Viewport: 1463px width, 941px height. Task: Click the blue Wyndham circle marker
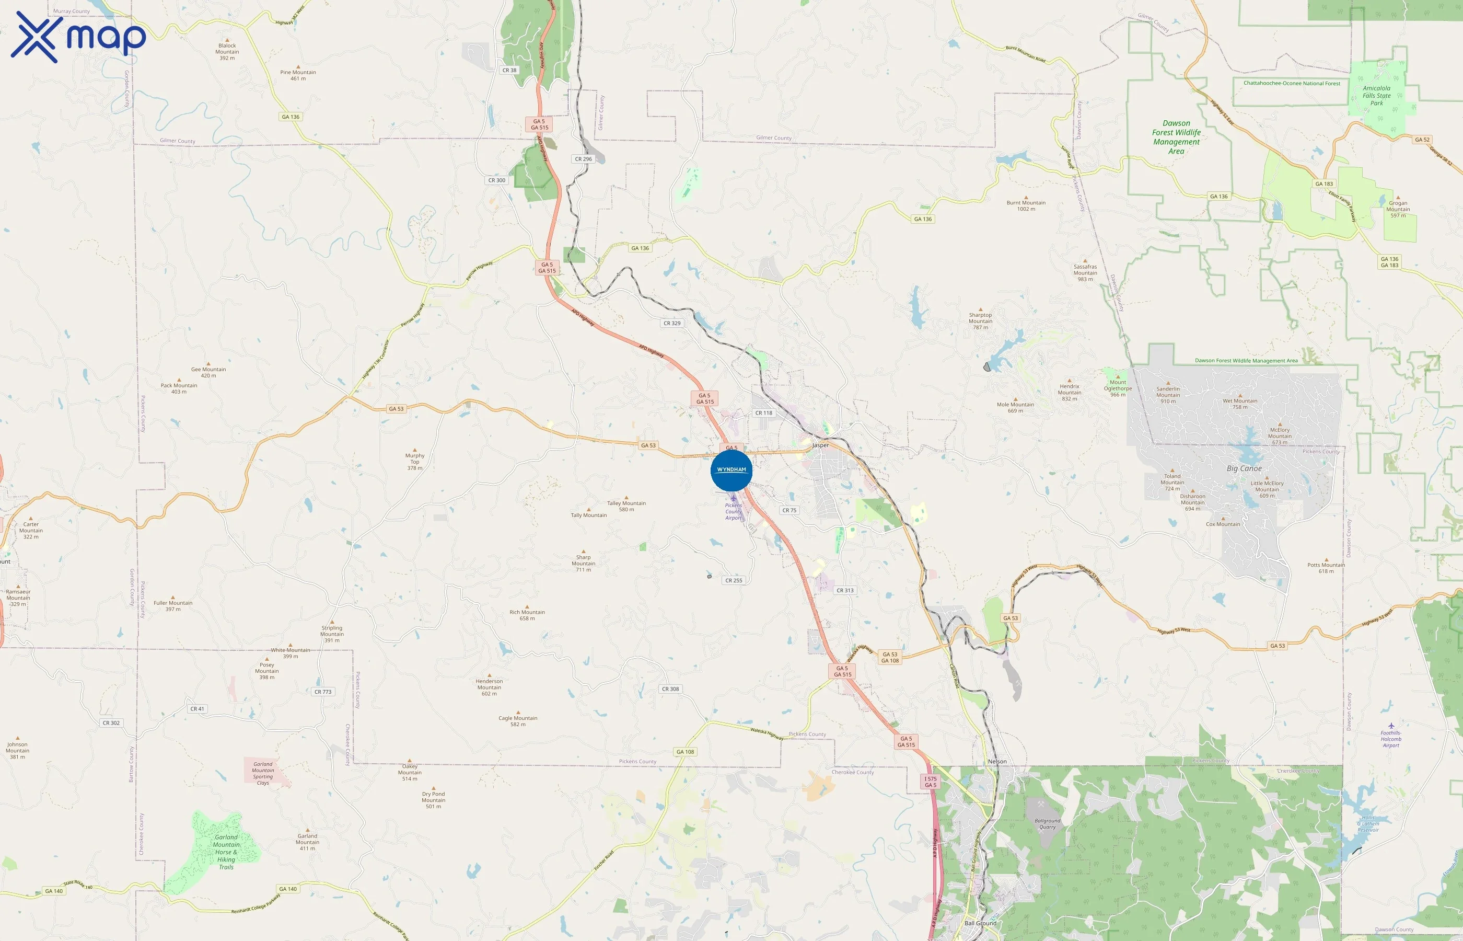731,470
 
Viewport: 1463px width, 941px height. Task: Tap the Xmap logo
78,37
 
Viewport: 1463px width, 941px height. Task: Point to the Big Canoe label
1244,468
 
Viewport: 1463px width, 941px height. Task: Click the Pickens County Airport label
734,511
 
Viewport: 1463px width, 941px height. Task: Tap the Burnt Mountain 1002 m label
1026,205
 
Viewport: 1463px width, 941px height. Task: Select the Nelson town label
997,761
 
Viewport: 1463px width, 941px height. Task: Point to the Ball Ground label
980,923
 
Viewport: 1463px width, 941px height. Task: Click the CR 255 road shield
734,580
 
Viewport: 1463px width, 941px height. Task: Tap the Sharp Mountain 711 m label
583,564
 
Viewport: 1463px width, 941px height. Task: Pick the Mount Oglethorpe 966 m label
1118,388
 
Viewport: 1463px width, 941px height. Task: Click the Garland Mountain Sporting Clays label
263,773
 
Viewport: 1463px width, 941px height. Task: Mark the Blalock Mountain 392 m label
227,51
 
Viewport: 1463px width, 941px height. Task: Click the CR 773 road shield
322,692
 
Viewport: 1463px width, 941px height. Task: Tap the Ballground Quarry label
1047,824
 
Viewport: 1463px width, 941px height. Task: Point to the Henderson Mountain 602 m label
489,687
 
